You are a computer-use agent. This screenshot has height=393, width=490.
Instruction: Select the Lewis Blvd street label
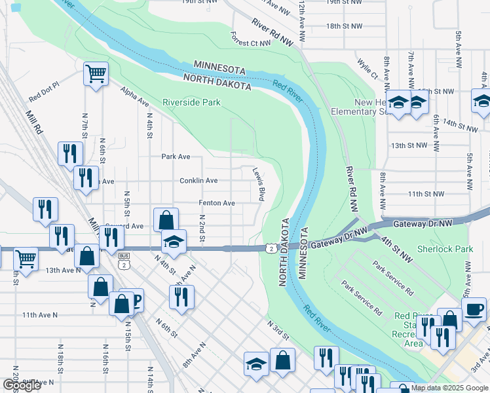click(x=259, y=184)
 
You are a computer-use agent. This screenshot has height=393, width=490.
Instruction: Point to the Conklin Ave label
click(x=198, y=180)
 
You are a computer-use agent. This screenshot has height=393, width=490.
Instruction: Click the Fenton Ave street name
click(x=217, y=203)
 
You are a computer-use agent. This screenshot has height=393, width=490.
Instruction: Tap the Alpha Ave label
click(x=134, y=97)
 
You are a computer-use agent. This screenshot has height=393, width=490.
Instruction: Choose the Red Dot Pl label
click(x=43, y=92)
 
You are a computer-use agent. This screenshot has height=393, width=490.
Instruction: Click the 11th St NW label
click(x=425, y=194)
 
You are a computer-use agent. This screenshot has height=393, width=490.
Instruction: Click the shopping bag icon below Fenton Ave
click(x=166, y=219)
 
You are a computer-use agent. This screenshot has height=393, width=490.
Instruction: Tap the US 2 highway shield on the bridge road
click(x=270, y=248)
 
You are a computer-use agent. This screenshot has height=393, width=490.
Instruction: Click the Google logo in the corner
click(x=22, y=385)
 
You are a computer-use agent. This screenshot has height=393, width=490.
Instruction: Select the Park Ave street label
click(x=176, y=157)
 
